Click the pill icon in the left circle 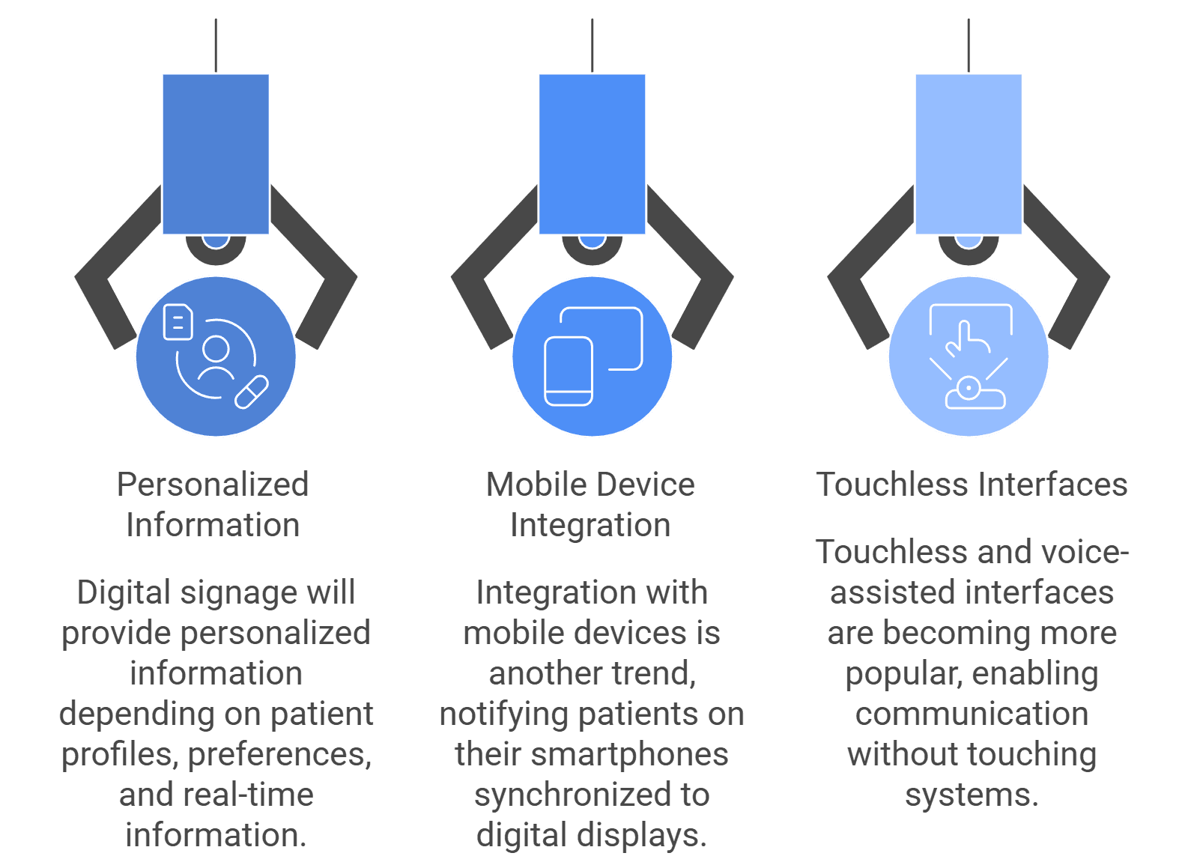(x=252, y=393)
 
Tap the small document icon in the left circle (x=178, y=322)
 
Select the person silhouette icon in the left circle (x=216, y=359)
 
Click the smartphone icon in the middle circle (x=569, y=371)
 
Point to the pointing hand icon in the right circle (x=969, y=339)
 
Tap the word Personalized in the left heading (x=213, y=485)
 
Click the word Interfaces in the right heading (x=1053, y=485)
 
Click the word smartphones (x=629, y=754)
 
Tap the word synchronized (x=567, y=796)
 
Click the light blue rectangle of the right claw (x=969, y=154)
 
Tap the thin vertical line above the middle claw (x=592, y=46)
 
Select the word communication (x=972, y=714)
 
